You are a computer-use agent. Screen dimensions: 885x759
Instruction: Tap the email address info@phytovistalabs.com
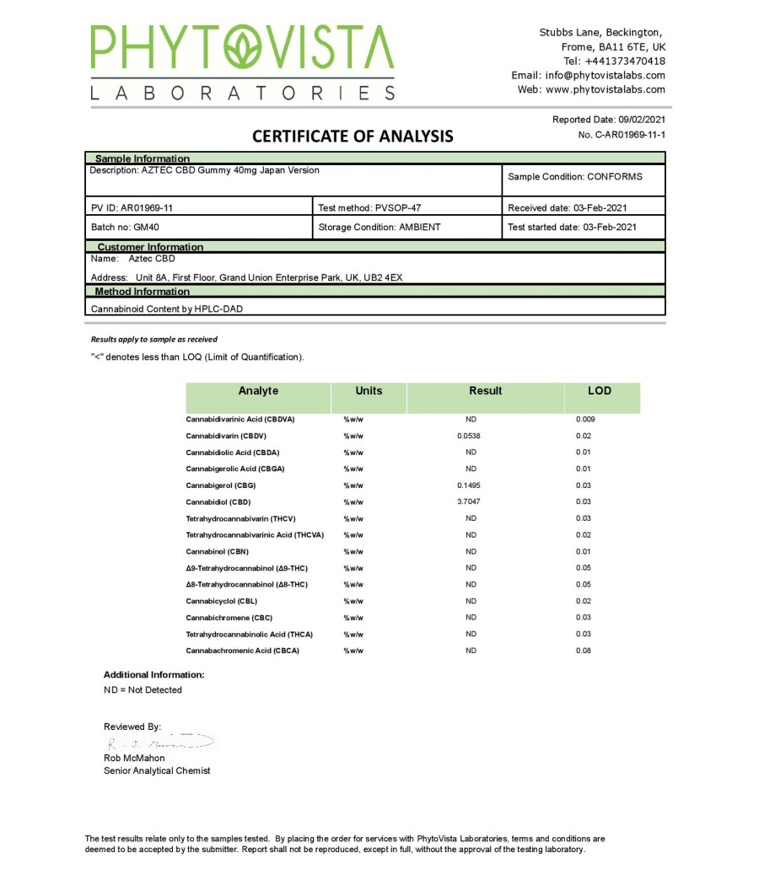[x=599, y=75]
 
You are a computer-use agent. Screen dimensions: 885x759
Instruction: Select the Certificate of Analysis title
[x=353, y=136]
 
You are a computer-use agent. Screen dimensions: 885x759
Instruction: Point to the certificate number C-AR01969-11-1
[x=622, y=135]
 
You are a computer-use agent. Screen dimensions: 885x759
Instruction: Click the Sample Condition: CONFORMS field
[x=574, y=177]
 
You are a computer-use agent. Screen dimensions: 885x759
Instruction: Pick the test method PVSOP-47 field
[x=369, y=207]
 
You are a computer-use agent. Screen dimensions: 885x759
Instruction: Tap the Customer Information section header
[x=150, y=247]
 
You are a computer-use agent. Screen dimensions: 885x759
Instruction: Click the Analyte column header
[x=258, y=391]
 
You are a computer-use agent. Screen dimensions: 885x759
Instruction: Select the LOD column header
[x=600, y=391]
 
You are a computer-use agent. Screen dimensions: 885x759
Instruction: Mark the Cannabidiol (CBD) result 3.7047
[x=471, y=501]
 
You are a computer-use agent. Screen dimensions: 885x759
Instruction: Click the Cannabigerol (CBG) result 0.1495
[x=471, y=485]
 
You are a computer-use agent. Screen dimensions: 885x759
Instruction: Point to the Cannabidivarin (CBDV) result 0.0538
[x=471, y=436]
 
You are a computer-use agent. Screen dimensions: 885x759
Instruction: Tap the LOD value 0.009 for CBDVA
[x=584, y=419]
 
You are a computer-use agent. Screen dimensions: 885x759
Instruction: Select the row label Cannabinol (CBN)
[x=217, y=551]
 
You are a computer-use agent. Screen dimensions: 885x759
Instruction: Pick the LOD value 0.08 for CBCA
[x=584, y=651]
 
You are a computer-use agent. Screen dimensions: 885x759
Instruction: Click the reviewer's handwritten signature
[x=160, y=743]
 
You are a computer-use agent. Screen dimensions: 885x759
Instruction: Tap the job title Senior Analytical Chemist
[x=157, y=770]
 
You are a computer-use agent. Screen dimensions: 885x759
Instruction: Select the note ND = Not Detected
[x=143, y=690]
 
